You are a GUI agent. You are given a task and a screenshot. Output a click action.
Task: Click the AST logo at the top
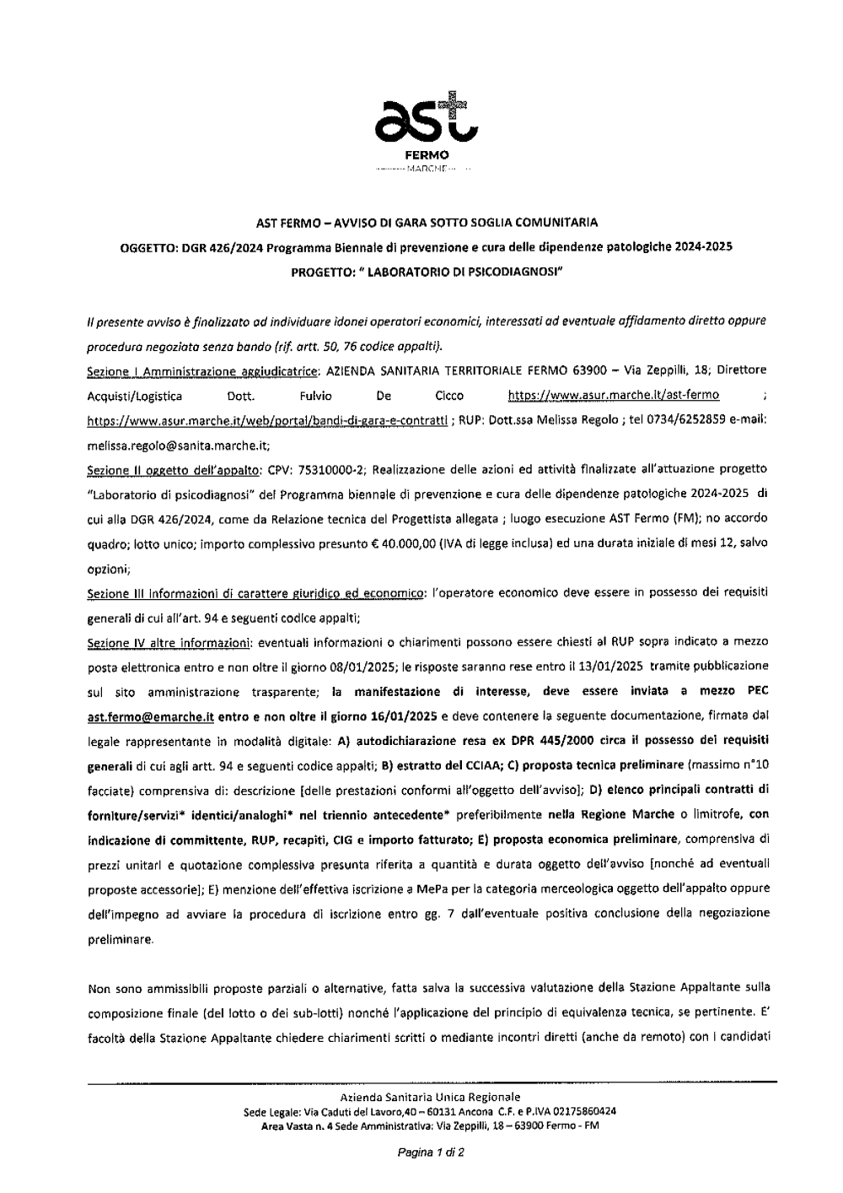click(427, 119)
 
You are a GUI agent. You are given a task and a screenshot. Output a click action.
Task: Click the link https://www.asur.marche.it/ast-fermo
click(614, 395)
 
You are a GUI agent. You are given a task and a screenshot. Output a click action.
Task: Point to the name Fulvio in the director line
click(316, 395)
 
